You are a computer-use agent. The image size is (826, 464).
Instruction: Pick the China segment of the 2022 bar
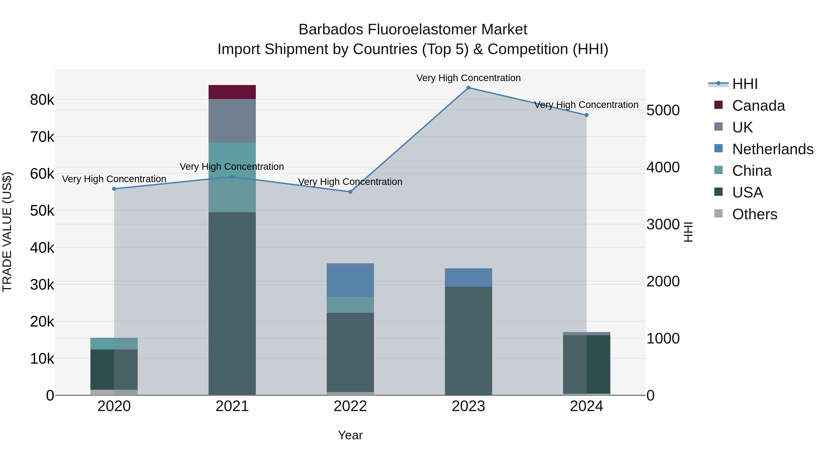coord(350,305)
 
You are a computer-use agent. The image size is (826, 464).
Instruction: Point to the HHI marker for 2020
coord(114,189)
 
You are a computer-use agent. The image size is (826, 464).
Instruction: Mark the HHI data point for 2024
coord(586,115)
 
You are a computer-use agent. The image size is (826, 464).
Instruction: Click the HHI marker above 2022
coord(350,192)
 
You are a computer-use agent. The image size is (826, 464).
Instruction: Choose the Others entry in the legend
coord(754,214)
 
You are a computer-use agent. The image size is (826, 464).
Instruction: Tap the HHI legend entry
coord(745,84)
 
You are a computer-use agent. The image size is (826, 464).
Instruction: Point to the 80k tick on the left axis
coord(42,100)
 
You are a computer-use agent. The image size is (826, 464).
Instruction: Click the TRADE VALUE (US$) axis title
coord(7,232)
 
